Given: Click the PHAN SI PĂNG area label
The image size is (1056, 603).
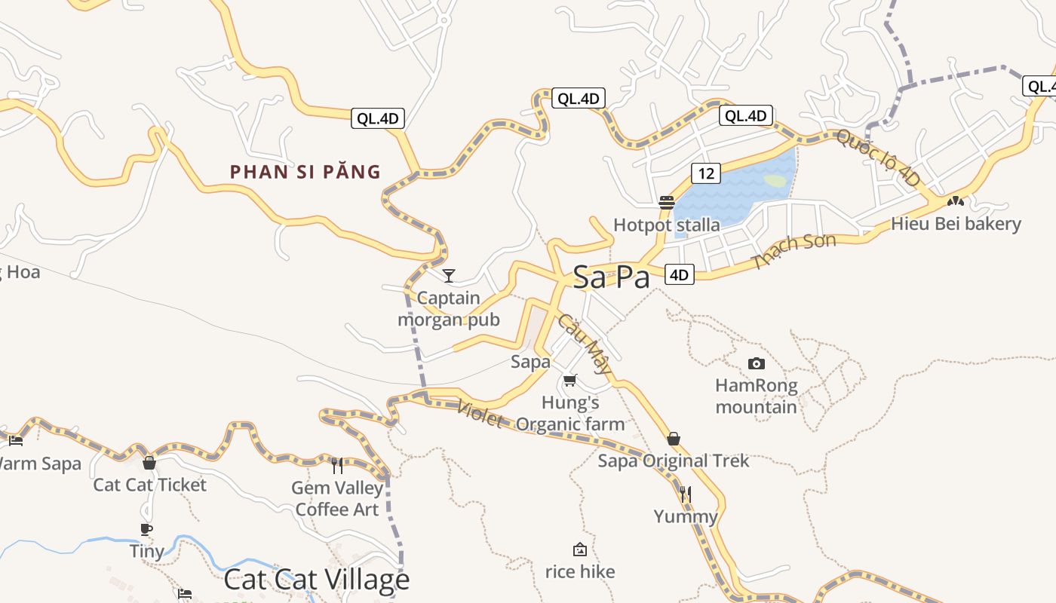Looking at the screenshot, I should [x=305, y=172].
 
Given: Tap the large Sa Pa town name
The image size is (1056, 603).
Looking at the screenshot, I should [x=611, y=277].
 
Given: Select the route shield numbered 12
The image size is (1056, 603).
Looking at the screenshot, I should [x=705, y=173].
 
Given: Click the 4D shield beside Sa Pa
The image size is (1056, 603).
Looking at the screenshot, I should [x=680, y=275].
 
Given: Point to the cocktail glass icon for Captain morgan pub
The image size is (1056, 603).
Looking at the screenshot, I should [x=449, y=276].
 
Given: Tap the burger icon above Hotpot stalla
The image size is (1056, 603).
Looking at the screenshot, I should [x=666, y=202].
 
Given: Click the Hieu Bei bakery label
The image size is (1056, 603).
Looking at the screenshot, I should [x=956, y=224].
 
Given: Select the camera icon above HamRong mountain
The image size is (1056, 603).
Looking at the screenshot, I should [x=756, y=364].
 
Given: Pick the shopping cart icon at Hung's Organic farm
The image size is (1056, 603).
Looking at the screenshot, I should [x=570, y=381].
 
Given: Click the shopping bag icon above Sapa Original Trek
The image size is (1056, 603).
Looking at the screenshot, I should [x=674, y=439].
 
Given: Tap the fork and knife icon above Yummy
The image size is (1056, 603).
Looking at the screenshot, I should [x=685, y=494].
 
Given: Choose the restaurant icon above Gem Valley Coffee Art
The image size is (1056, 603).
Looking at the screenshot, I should [x=337, y=466].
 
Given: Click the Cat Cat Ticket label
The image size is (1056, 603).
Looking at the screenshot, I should [x=149, y=485].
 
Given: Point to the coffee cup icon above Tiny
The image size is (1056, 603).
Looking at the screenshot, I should [x=146, y=530].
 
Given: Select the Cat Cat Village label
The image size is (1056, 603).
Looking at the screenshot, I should [x=317, y=580].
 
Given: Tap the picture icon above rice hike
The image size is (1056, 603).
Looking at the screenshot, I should [x=580, y=549].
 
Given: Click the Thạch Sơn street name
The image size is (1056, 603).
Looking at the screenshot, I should [x=794, y=252].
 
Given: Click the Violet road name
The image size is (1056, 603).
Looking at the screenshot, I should [x=480, y=414].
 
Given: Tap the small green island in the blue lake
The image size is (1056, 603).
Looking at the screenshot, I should [x=775, y=181].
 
